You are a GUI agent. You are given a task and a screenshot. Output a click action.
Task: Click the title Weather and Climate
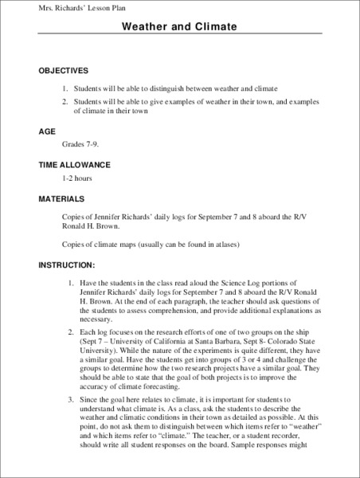point(179,27)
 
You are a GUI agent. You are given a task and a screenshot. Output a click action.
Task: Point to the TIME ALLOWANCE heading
point(74,165)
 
